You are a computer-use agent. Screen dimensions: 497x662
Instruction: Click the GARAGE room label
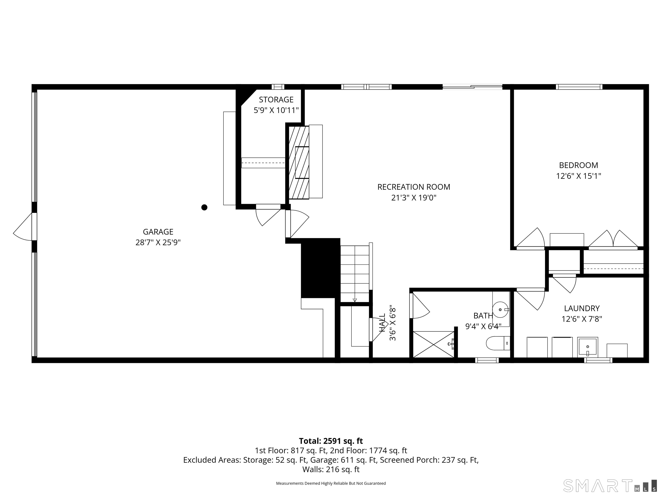[158, 232]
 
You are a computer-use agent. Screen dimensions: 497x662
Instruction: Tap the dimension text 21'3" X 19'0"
[414, 198]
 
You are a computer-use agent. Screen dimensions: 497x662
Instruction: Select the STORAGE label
[276, 99]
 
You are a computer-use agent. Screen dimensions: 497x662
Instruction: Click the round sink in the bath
[500, 309]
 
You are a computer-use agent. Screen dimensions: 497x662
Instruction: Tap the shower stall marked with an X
[433, 344]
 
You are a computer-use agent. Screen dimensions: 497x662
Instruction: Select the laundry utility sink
[587, 347]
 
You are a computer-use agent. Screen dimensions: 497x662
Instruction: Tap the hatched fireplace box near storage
[299, 163]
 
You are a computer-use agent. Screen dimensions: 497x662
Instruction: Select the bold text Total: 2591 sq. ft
[331, 441]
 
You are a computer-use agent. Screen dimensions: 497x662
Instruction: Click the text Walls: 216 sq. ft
[331, 469]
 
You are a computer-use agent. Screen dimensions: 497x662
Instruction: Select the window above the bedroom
[579, 87]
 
